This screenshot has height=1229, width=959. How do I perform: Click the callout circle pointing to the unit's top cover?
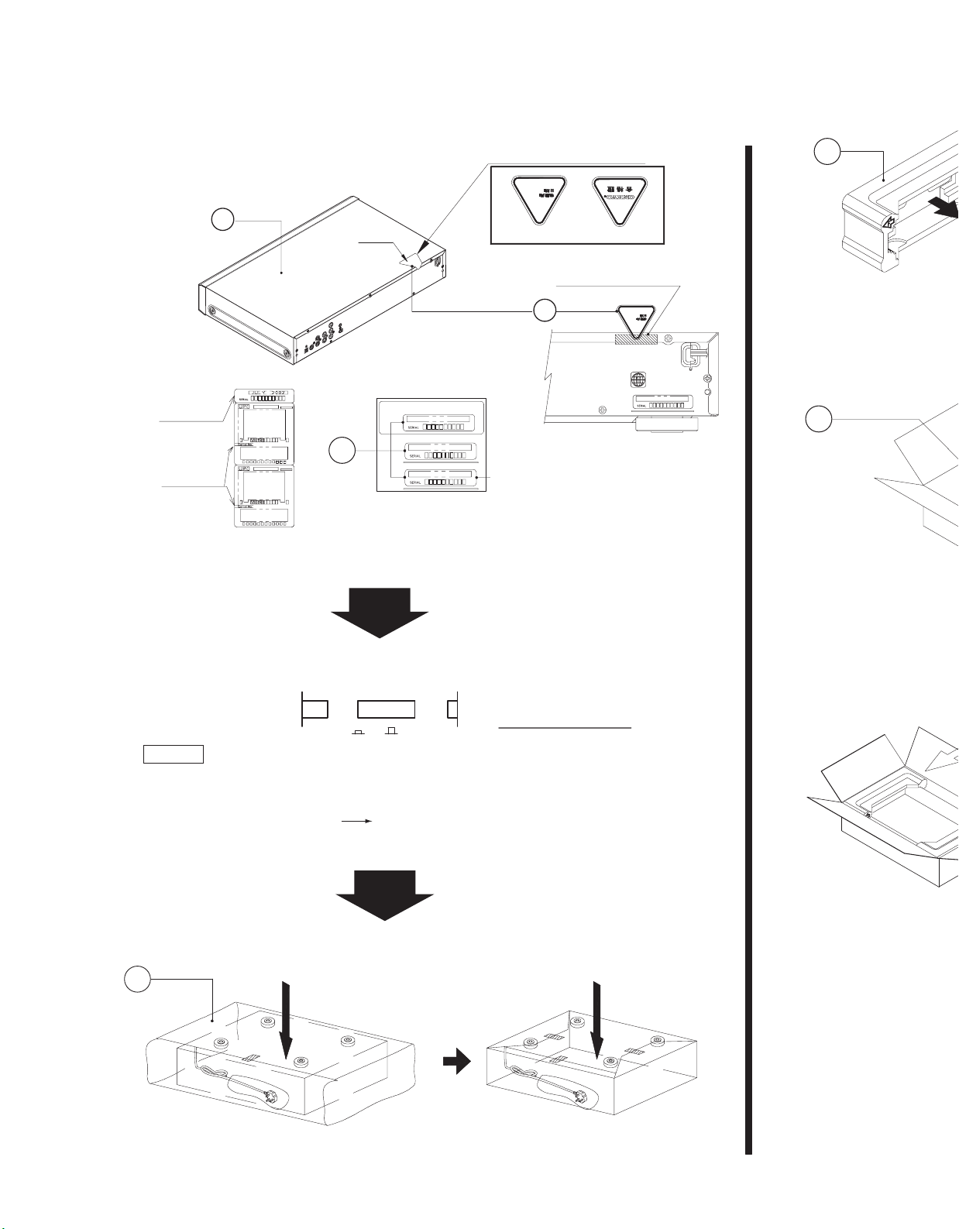[x=222, y=220]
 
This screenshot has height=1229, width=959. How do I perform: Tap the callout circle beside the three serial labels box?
[x=341, y=451]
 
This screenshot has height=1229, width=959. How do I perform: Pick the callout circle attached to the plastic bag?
[x=137, y=980]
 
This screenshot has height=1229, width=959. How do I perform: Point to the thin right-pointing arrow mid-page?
[x=356, y=820]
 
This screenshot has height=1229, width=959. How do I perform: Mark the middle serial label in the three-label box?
[x=438, y=451]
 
